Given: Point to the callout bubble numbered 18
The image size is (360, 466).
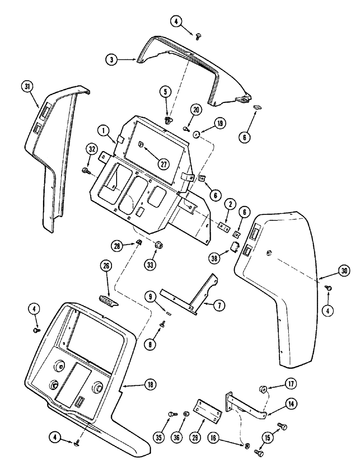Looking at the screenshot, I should (150, 384).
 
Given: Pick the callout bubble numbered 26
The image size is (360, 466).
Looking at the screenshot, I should (106, 267).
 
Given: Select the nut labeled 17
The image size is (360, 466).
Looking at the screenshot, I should (263, 389).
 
